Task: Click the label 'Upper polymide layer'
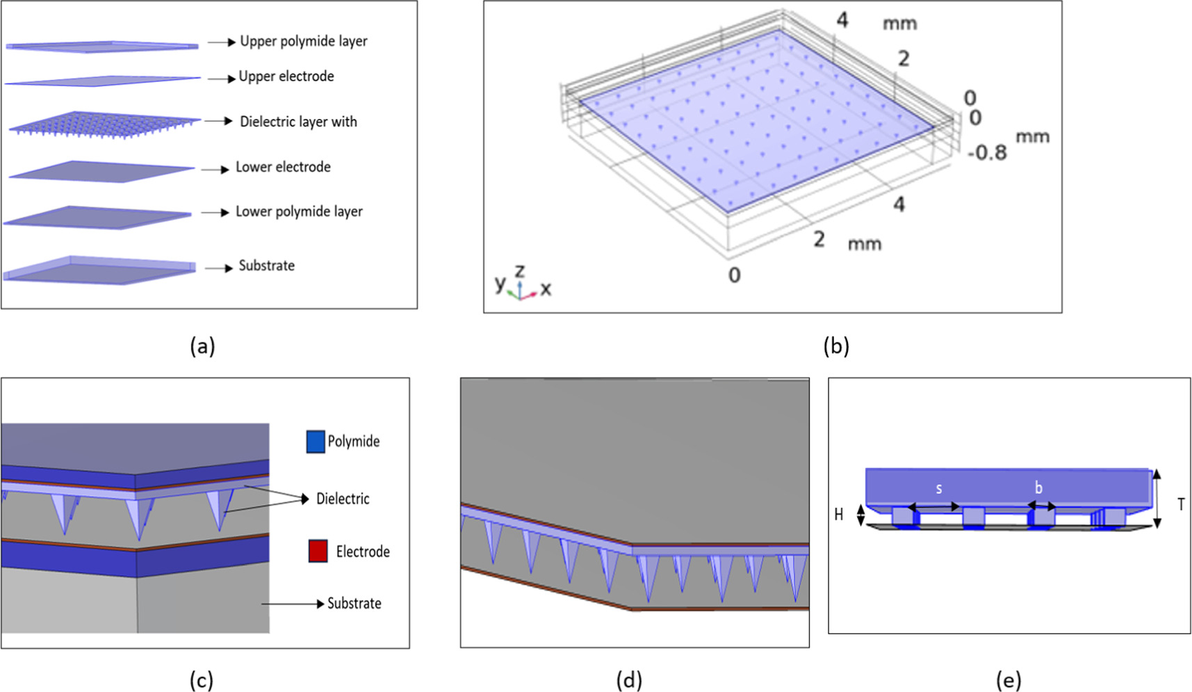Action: pyautogui.click(x=303, y=41)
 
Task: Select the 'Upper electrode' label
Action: pyautogui.click(x=286, y=77)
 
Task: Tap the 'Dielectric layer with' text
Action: pyautogui.click(x=298, y=122)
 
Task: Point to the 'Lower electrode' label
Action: pyautogui.click(x=283, y=167)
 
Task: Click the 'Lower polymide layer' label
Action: pyautogui.click(x=299, y=211)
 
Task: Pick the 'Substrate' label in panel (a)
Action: pyautogui.click(x=266, y=266)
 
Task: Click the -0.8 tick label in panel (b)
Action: pyautogui.click(x=986, y=152)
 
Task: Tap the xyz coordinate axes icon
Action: pyautogui.click(x=522, y=284)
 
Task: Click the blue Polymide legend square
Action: pyautogui.click(x=316, y=442)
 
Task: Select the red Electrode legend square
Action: pyautogui.click(x=318, y=552)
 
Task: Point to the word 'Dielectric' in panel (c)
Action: pyautogui.click(x=343, y=499)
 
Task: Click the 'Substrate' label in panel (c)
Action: pyautogui.click(x=354, y=604)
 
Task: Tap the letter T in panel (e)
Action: pyautogui.click(x=1181, y=504)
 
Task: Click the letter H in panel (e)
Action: pyautogui.click(x=839, y=515)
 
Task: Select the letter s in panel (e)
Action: pyautogui.click(x=938, y=488)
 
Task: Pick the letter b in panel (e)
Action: pyautogui.click(x=1038, y=488)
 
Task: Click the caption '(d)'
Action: pyautogui.click(x=629, y=680)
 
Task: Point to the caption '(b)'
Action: pyautogui.click(x=835, y=346)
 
